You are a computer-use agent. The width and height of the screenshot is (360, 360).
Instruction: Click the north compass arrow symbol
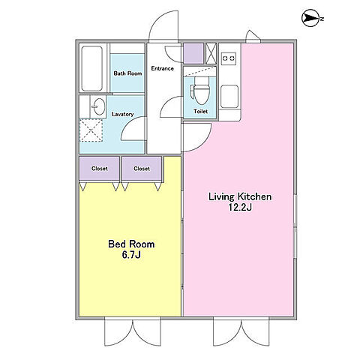[x=310, y=18]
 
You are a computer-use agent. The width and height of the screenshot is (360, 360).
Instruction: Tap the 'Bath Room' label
[x=127, y=73]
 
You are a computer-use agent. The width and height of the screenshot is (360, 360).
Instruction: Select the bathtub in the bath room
[x=92, y=68]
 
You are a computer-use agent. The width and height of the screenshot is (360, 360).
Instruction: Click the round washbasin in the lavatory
[x=99, y=106]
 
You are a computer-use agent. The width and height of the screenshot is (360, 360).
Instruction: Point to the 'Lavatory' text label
[x=122, y=114]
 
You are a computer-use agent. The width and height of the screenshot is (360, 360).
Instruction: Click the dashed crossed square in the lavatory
[x=91, y=130]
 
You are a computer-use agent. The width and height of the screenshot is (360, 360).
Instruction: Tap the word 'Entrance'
[x=162, y=68]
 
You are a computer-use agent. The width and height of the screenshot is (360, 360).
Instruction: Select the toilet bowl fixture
[x=200, y=91]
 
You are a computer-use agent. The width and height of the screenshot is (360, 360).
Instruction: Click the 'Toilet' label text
[x=201, y=111]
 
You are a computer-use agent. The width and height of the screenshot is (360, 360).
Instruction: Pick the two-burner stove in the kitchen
[x=229, y=58]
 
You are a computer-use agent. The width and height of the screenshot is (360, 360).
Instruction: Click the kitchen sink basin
[x=229, y=97]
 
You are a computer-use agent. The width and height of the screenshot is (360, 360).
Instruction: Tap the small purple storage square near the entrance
[x=193, y=53]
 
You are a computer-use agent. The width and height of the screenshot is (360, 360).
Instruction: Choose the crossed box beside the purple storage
[x=211, y=53]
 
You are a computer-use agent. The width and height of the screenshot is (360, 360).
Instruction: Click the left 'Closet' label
[x=100, y=169]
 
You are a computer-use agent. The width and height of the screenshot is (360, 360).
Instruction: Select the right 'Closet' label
[x=142, y=169]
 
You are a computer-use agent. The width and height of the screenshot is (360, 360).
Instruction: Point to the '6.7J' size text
[x=131, y=255]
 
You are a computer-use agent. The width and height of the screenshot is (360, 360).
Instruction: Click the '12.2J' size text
[x=240, y=207]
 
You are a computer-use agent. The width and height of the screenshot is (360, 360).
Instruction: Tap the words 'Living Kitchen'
[x=240, y=196]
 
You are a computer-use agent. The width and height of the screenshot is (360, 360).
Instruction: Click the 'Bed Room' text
[x=131, y=244]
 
